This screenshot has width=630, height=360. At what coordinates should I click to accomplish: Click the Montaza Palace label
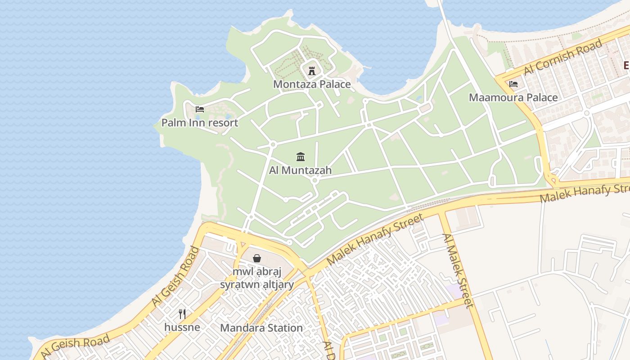(312, 84)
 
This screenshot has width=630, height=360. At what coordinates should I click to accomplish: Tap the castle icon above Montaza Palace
(311, 70)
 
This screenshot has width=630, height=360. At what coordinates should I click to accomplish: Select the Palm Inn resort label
(200, 122)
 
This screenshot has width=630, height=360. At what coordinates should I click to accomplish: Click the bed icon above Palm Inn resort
(200, 109)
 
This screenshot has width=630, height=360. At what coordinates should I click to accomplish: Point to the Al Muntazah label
(300, 170)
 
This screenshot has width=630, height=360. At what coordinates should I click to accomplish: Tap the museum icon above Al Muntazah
(301, 157)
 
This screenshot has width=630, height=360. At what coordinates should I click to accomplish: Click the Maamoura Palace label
(513, 98)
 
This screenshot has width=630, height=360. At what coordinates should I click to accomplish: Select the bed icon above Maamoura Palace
(513, 84)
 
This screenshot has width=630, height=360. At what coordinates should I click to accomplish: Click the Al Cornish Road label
(562, 57)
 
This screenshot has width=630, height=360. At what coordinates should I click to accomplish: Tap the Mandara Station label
(261, 328)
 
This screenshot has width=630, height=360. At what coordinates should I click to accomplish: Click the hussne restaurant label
(182, 327)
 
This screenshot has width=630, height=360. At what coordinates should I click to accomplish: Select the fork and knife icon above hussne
(182, 314)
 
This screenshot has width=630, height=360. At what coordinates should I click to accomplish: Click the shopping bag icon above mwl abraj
(256, 258)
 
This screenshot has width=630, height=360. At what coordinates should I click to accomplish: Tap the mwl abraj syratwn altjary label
(257, 278)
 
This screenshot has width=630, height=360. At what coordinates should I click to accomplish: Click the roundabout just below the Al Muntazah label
(315, 180)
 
